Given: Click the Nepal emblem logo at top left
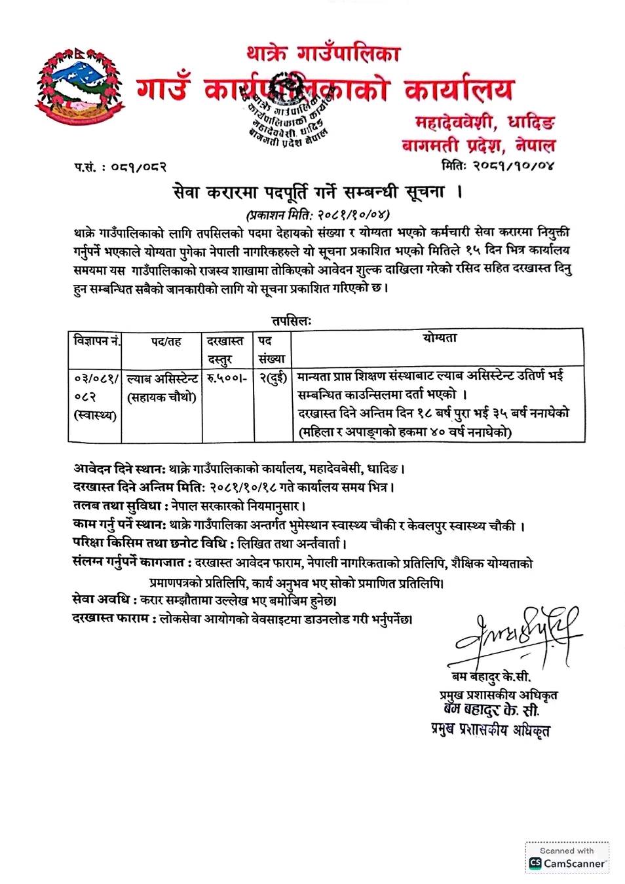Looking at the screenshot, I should pos(79,85).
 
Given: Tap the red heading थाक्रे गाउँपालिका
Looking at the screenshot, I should pos(323,52).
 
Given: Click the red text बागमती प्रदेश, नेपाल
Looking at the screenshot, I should pos(478,145).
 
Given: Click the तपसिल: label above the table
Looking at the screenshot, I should pos(292,321).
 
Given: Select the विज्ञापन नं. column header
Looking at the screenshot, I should pos(96,341).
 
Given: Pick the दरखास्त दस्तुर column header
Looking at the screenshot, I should pos(225,350).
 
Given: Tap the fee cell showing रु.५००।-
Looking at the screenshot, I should pos(226,378).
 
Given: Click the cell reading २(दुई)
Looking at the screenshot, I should pos(273,378).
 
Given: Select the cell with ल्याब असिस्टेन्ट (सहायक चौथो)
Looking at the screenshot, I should pos(162,388).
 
